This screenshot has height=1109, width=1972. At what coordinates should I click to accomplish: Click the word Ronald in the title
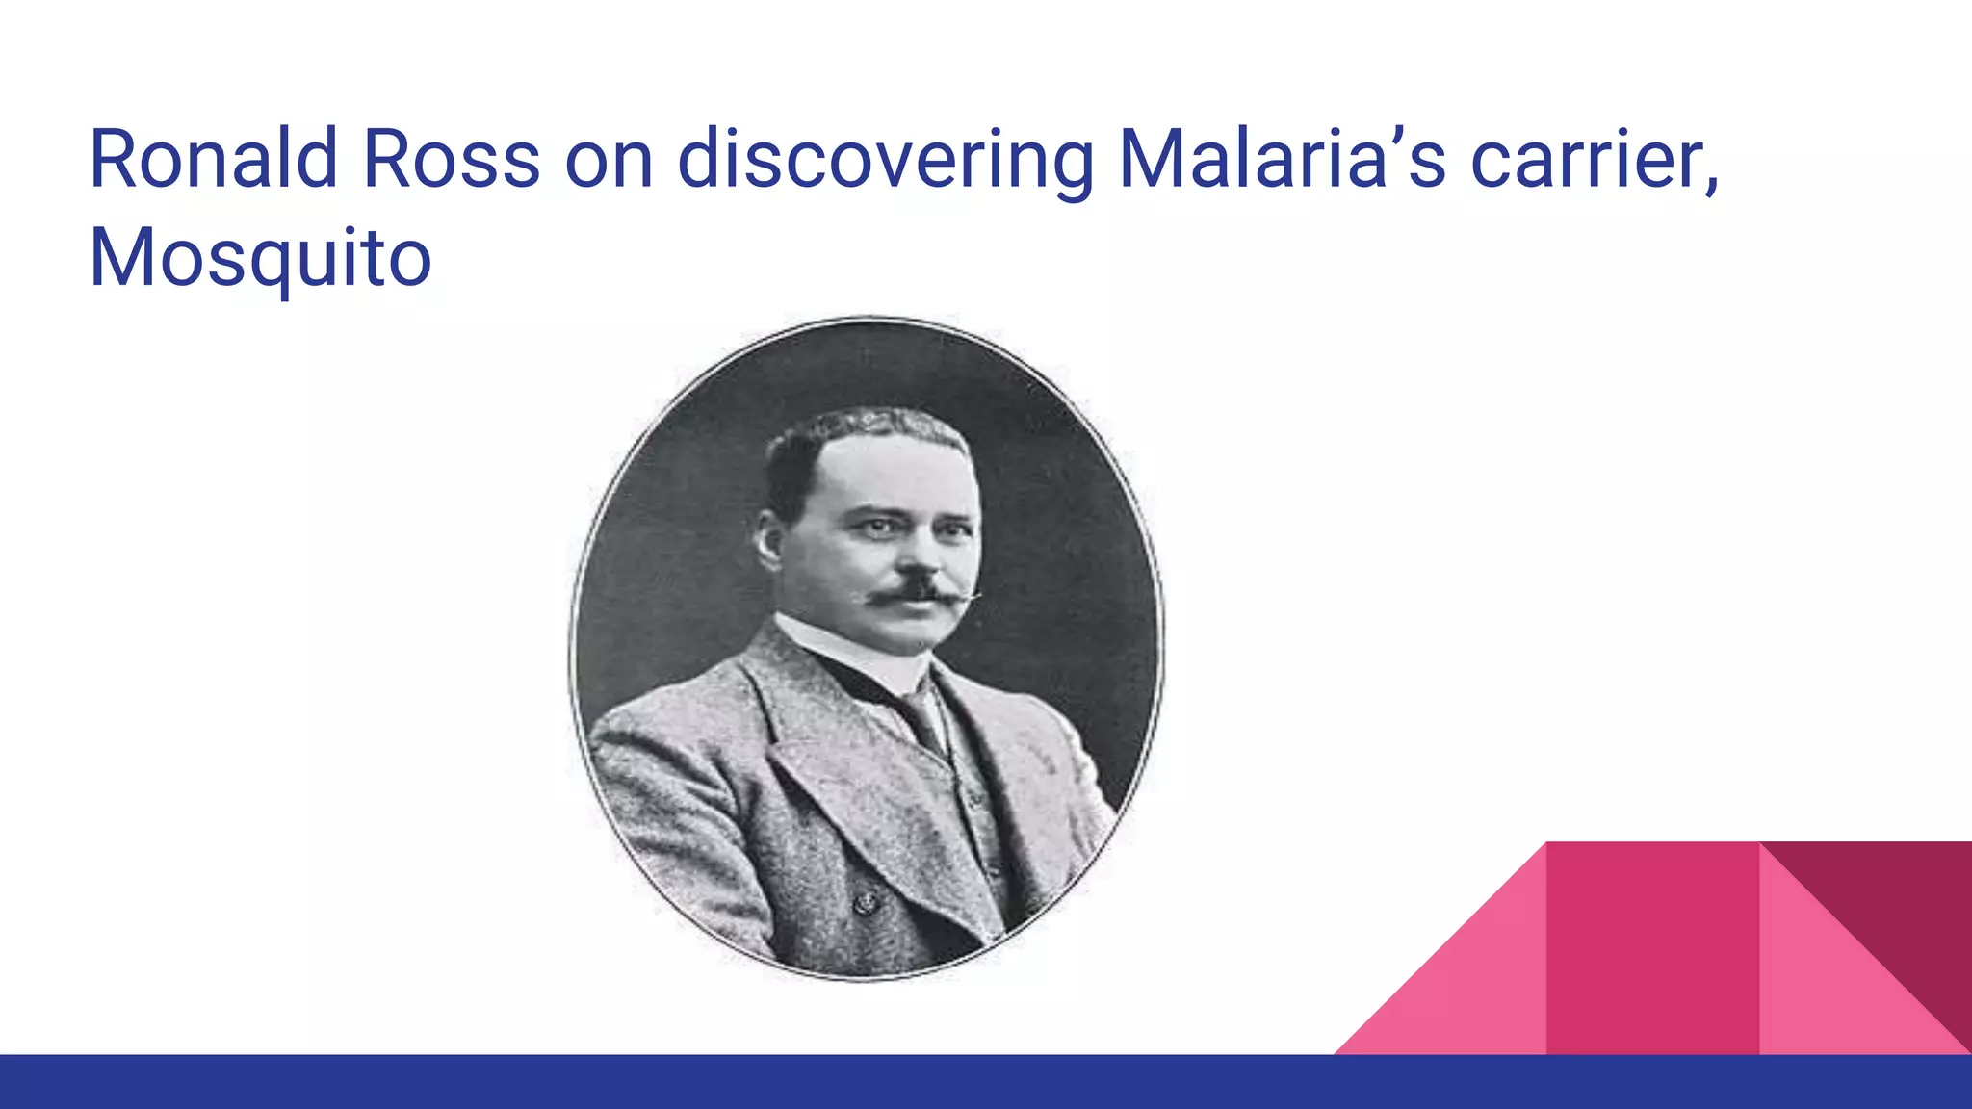[213, 159]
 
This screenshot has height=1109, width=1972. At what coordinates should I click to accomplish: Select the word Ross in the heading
[451, 159]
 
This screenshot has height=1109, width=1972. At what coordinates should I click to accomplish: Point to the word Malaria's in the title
[1282, 159]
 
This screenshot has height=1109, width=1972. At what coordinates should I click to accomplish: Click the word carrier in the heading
[1589, 159]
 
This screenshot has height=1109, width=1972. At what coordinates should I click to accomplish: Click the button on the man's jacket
[865, 902]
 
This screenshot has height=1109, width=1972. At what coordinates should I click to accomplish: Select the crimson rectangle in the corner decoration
[1651, 948]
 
